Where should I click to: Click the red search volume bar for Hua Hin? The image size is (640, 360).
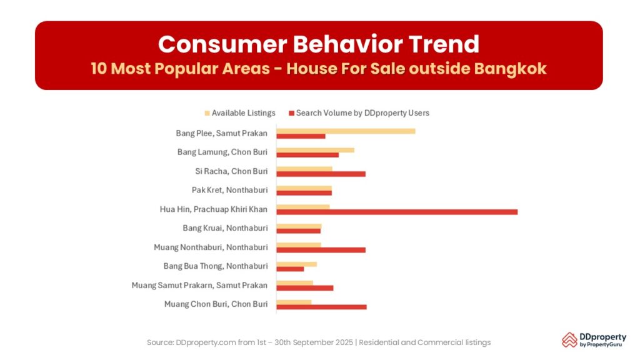coord(397,212)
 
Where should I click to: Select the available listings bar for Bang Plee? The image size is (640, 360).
coord(346,131)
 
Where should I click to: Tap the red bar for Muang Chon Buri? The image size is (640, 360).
coord(321,307)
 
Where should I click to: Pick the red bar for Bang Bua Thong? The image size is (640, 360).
coord(290,269)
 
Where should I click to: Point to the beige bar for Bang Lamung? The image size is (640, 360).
coord(315,150)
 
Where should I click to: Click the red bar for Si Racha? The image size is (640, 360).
coord(321,174)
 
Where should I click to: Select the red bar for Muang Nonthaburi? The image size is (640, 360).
coord(321,250)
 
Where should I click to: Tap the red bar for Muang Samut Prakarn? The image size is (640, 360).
coord(305,288)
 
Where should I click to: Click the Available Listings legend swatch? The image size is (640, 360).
coord(207,113)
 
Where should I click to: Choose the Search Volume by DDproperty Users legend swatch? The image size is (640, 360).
coord(291,113)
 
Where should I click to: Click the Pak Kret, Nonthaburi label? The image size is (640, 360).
coord(229,190)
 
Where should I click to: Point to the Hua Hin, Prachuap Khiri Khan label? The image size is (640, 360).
coord(214,209)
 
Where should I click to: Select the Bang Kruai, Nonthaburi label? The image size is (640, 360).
coord(225,228)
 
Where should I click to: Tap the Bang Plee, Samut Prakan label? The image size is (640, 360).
coord(222,133)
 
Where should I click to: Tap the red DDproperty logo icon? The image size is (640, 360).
coord(569,340)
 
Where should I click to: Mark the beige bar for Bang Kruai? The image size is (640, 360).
coord(299,226)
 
